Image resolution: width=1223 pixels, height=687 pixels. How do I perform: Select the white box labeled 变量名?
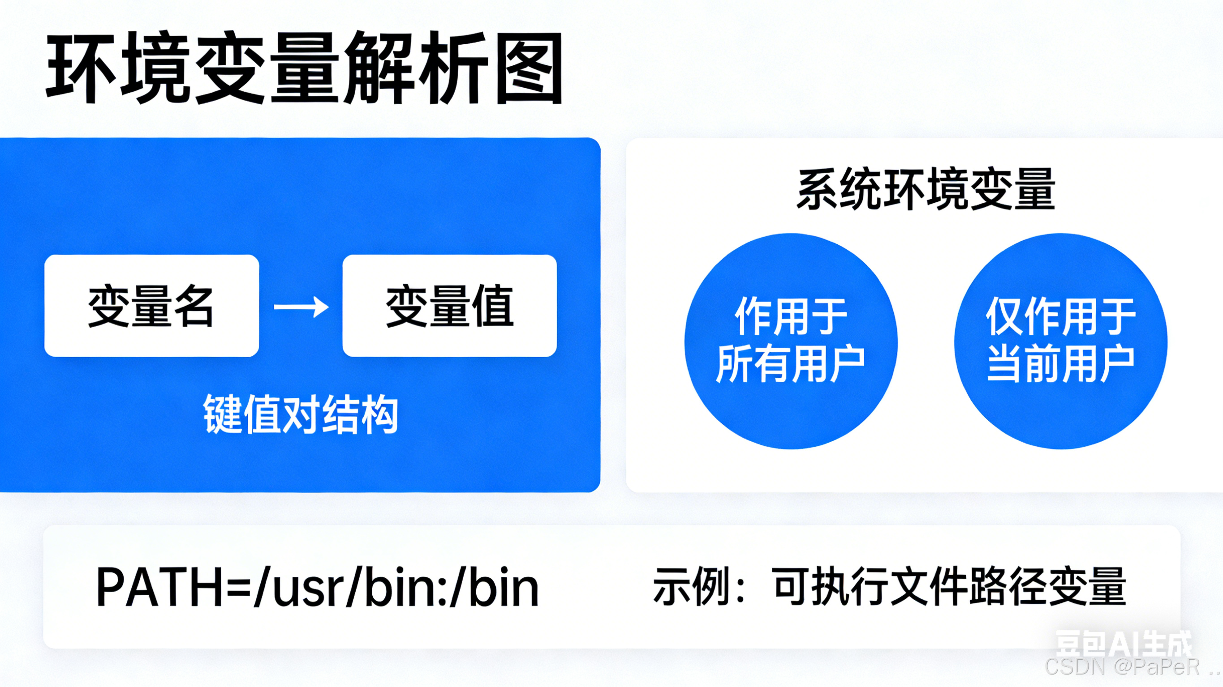tap(151, 306)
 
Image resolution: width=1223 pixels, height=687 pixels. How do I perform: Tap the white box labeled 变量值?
tap(449, 306)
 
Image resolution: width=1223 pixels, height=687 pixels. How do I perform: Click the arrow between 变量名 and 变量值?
tap(301, 307)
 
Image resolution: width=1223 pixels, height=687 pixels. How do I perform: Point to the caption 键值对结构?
tap(301, 414)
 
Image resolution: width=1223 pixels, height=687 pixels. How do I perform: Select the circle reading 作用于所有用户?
tap(791, 341)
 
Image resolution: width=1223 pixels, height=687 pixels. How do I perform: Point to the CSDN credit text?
tap(1130, 667)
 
